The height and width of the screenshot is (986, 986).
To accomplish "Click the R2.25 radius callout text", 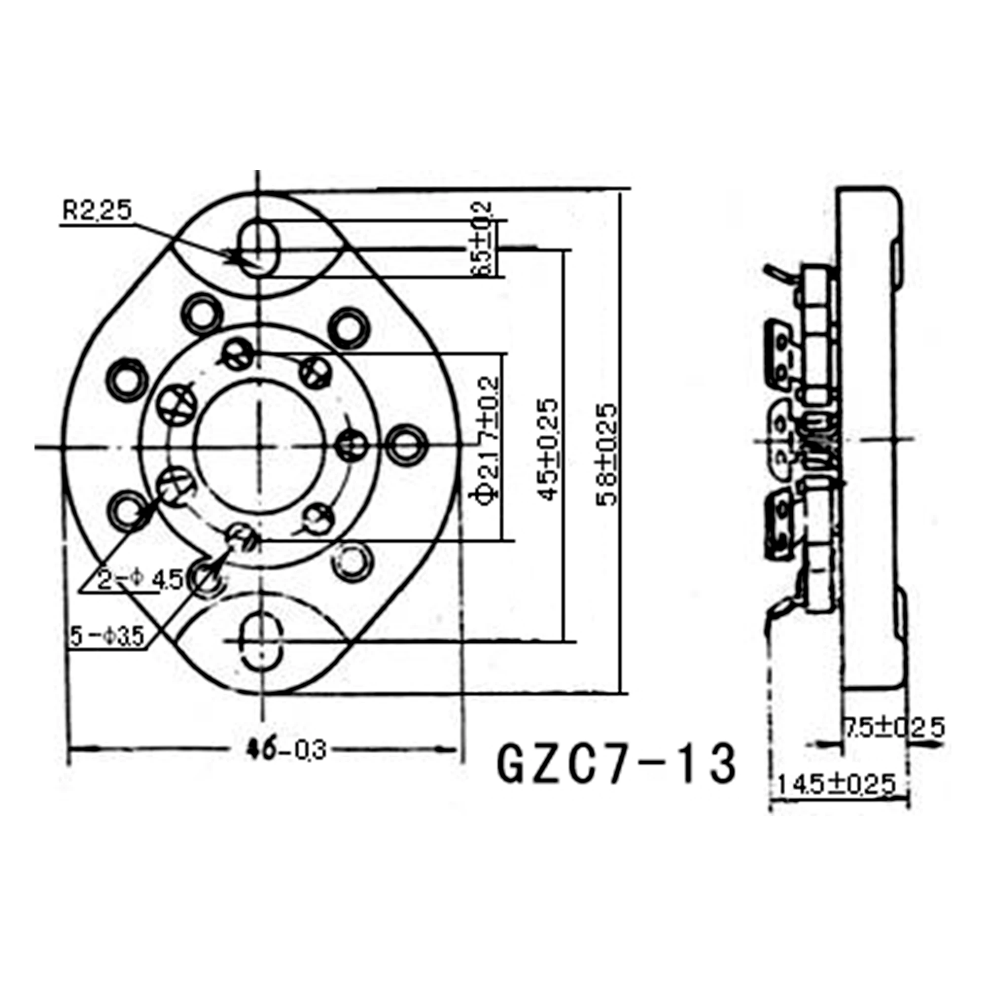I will click(97, 211).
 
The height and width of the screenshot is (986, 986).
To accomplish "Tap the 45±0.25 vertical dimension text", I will click(549, 449).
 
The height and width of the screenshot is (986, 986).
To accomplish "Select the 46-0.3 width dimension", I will click(291, 751).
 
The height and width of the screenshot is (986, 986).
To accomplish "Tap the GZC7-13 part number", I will click(617, 763).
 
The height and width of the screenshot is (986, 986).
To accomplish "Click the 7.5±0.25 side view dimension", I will click(893, 727).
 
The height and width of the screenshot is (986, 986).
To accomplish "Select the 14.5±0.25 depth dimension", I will click(837, 784).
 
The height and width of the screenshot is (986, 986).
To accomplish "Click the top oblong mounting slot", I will click(260, 248).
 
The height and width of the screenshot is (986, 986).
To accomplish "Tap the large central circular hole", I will click(260, 447).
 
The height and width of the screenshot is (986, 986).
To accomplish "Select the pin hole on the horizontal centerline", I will click(352, 445).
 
